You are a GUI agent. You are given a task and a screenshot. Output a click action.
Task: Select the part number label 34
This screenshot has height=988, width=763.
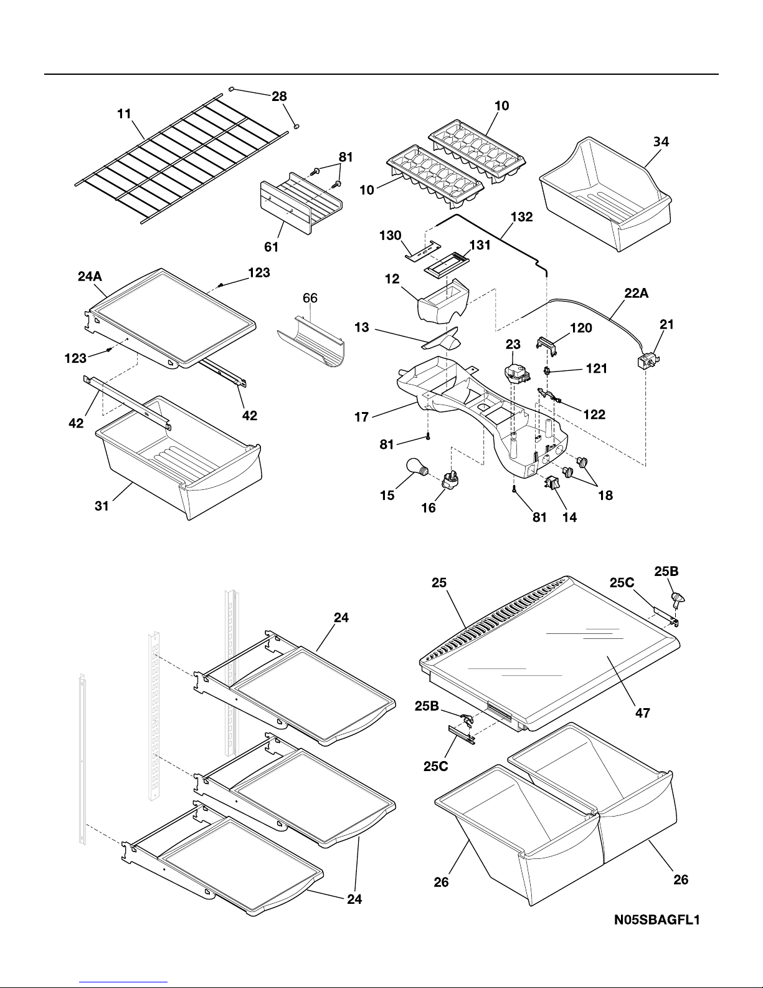[661, 142]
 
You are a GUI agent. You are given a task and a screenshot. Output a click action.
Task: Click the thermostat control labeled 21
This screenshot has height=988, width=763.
[648, 362]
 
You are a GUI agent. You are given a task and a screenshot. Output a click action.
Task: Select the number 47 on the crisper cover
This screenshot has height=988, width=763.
[642, 713]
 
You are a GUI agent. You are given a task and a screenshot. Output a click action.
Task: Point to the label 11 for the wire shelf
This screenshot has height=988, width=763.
[124, 114]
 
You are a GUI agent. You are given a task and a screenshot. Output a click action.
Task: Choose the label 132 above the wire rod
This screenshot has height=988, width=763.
[521, 218]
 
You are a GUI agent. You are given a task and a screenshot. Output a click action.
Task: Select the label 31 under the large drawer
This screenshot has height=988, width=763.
[102, 506]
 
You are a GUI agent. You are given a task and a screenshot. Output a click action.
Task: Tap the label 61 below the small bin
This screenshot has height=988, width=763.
[271, 247]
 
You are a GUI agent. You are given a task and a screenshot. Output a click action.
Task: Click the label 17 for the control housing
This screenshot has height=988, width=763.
[362, 418]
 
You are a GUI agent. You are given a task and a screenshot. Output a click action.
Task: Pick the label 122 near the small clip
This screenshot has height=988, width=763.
[594, 414]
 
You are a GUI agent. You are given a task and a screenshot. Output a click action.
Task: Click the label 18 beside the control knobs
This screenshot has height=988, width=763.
[604, 496]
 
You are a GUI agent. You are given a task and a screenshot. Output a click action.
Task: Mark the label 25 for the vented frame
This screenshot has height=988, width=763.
[440, 583]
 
